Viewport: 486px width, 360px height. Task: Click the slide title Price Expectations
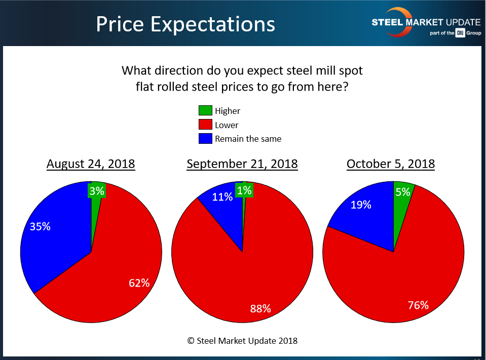point(185,24)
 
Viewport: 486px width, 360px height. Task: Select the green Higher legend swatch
point(205,111)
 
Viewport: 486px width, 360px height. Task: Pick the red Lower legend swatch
point(205,125)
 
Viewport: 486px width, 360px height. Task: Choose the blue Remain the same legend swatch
point(205,138)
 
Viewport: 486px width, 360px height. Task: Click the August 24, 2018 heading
point(91,164)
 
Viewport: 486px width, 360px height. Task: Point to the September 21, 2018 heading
point(242,164)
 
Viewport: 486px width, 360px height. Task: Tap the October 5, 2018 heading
point(391,164)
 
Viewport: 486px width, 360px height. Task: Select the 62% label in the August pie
point(139,283)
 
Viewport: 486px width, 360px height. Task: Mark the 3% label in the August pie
point(97,191)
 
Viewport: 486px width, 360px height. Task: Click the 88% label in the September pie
point(260,308)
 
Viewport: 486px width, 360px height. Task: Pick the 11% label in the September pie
point(222,197)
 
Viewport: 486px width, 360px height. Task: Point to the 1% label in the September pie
point(244,190)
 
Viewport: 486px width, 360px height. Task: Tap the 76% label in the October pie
point(418,305)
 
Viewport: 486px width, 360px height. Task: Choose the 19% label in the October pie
point(360,205)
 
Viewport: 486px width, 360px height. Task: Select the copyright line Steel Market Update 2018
point(242,341)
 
